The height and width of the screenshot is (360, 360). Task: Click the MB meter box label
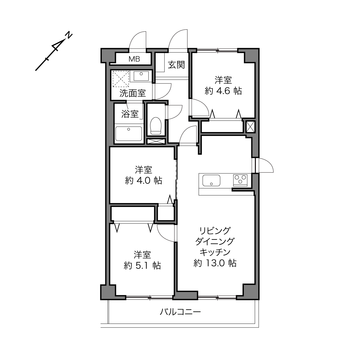134,59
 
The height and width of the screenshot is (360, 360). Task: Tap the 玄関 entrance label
176,65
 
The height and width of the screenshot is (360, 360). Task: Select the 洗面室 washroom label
133,93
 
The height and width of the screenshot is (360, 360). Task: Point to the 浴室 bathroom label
130,114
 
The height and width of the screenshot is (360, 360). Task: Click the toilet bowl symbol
156,126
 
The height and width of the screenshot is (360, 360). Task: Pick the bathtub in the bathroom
129,134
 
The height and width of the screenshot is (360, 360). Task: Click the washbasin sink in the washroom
141,76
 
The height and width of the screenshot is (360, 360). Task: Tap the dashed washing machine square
121,79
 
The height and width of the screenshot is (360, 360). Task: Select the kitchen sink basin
211,181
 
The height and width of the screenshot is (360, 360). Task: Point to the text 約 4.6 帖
223,91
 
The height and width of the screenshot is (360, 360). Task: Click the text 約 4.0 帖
143,181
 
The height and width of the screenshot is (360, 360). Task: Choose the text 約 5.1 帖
142,265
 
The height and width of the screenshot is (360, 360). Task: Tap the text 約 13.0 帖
215,263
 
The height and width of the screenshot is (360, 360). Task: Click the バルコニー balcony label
180,312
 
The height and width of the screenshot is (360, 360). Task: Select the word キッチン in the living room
215,252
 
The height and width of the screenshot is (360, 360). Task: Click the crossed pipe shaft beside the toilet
156,141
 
